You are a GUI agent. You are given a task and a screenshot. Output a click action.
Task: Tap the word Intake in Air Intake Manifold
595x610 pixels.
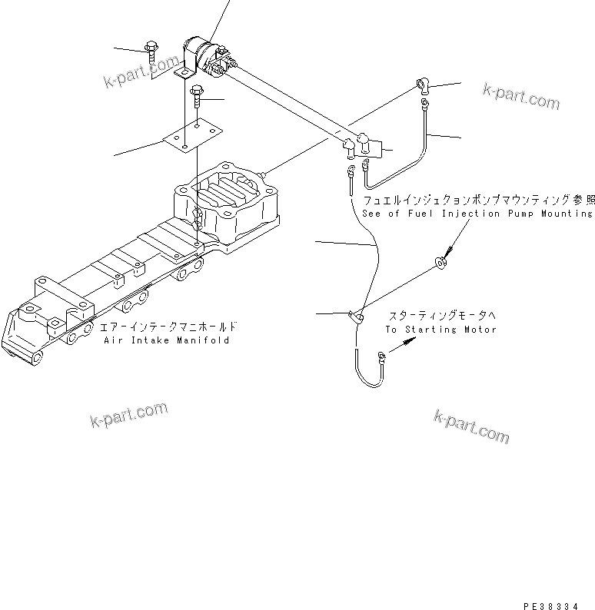point(151,340)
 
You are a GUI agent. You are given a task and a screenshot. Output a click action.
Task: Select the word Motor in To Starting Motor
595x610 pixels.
point(480,330)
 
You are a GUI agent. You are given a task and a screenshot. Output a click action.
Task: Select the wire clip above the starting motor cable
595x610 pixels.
point(355,314)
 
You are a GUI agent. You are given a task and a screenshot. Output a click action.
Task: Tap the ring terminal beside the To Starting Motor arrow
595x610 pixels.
point(381,354)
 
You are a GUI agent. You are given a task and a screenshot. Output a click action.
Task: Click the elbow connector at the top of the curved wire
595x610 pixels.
point(422,87)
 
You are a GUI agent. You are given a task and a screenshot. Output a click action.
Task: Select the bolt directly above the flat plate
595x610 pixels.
point(197,96)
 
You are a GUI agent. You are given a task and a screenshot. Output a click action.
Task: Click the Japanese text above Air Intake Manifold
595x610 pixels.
point(168,327)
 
